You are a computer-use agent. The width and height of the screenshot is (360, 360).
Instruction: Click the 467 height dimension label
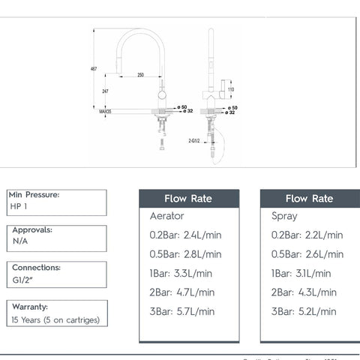click(94, 69)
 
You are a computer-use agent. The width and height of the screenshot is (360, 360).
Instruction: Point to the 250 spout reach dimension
click(140, 75)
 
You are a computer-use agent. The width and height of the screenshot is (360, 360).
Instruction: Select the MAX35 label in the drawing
click(105, 110)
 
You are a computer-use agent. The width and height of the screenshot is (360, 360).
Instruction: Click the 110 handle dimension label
click(231, 89)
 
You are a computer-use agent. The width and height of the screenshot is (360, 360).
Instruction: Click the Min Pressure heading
click(35, 195)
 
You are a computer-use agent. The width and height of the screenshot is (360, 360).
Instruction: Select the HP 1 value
click(20, 206)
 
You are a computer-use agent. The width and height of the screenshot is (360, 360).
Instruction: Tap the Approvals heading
click(31, 230)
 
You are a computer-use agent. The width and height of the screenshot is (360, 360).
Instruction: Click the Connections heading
click(36, 267)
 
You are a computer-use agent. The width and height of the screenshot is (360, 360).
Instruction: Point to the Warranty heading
click(30, 307)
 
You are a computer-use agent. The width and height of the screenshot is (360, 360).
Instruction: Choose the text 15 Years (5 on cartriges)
click(55, 319)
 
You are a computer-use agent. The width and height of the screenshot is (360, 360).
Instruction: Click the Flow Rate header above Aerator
click(188, 199)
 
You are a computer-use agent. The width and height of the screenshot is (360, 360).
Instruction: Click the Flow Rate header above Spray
click(309, 199)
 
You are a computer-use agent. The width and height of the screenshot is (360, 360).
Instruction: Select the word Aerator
click(168, 216)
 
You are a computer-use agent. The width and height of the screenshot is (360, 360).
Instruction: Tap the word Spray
click(284, 216)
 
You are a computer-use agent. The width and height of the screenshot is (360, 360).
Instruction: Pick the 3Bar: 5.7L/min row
click(182, 311)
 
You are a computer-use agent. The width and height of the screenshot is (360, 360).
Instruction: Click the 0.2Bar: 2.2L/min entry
click(307, 235)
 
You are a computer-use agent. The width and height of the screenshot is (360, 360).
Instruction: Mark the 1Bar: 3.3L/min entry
click(179, 274)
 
